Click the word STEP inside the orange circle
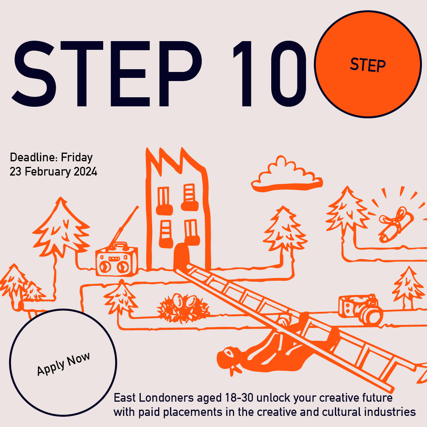(x=368, y=65)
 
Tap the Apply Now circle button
(x=63, y=363)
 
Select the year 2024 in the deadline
(x=85, y=172)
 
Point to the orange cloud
(x=287, y=174)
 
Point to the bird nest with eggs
(x=183, y=308)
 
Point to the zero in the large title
(x=289, y=74)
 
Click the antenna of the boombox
(x=124, y=225)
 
